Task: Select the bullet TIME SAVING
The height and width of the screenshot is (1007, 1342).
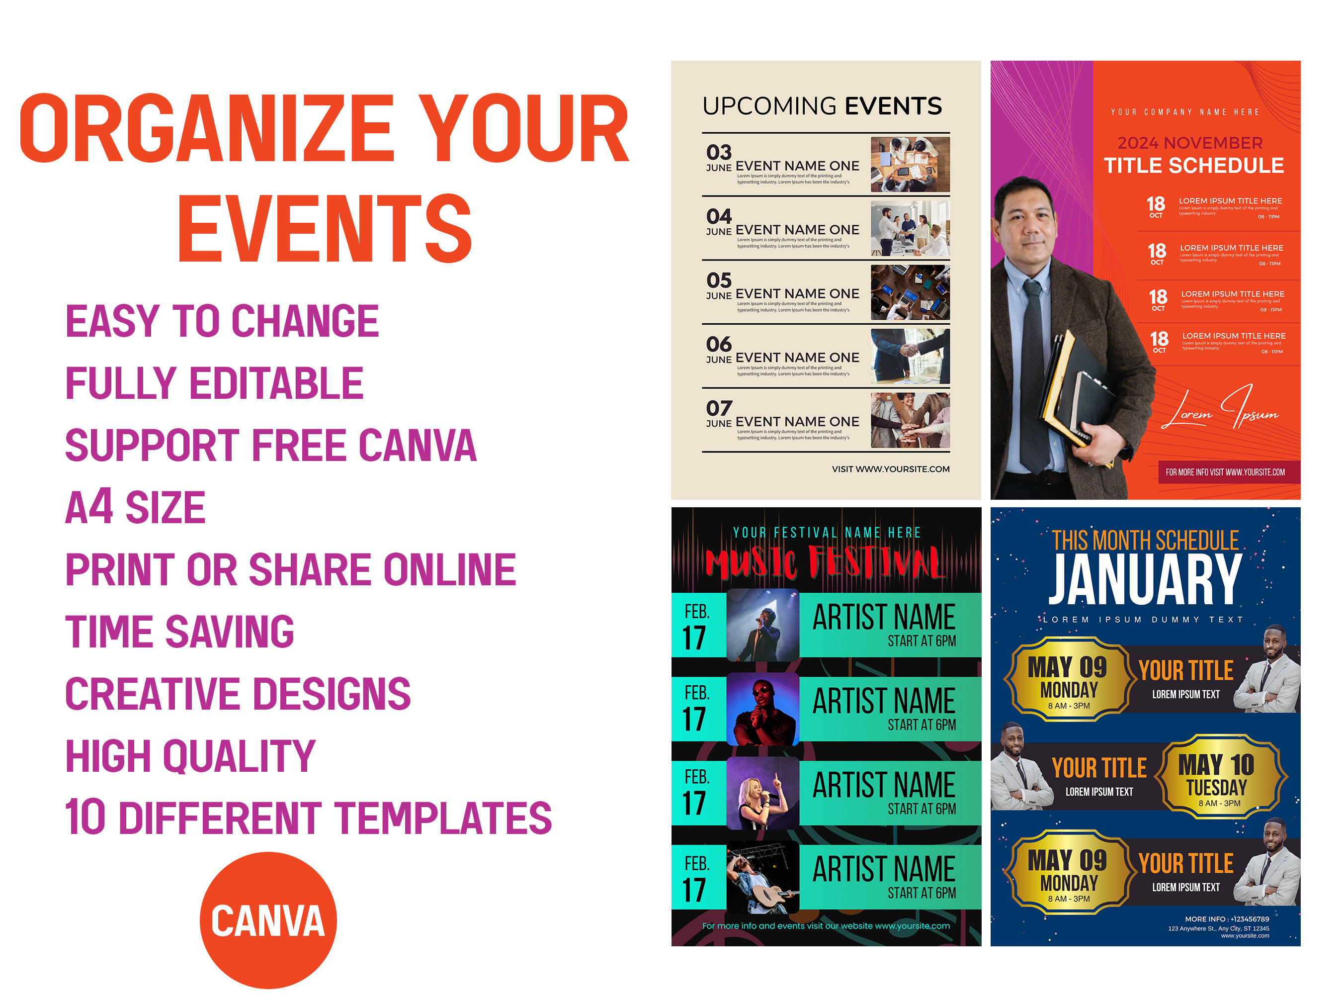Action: coord(179,632)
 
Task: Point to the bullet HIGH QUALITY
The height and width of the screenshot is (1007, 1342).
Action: coord(190,756)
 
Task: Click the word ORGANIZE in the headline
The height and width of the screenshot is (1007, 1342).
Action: coord(206,129)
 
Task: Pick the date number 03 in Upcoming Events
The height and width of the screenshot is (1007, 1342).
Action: coord(719,152)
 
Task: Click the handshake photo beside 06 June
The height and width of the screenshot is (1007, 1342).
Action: coord(910,357)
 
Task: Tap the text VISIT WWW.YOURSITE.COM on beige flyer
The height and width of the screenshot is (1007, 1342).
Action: coord(890,469)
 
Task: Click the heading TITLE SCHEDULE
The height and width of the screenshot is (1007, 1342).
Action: coord(1193,166)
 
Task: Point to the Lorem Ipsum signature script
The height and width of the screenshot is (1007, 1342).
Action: coord(1219,410)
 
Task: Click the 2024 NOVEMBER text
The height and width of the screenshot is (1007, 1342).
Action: coord(1190,143)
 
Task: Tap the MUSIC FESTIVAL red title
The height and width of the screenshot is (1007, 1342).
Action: coord(825,563)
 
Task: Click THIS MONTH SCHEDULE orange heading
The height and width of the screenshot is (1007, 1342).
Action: coord(1145,540)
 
